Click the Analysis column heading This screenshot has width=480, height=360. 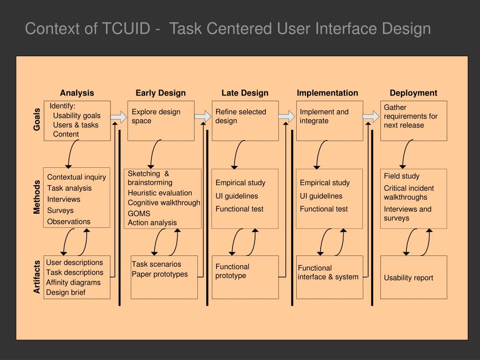[77, 93]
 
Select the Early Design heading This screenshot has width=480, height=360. [161, 93]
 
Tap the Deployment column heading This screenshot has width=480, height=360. [413, 93]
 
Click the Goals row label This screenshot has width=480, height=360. [37, 120]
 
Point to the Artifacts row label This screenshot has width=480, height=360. [37, 277]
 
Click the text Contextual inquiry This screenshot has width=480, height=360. [76, 177]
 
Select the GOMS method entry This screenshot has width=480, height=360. [139, 213]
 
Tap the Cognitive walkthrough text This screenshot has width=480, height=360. [164, 202]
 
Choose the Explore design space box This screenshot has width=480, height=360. [161, 120]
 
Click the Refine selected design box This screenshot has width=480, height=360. [245, 120]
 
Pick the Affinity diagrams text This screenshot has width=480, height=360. [73, 282]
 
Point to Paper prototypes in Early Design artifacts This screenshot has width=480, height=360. [160, 274]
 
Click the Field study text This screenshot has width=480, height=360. [402, 176]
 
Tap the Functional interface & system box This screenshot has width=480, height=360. [329, 277]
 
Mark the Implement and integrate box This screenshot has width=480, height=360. [330, 120]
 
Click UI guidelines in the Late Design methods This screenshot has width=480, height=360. [237, 196]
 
